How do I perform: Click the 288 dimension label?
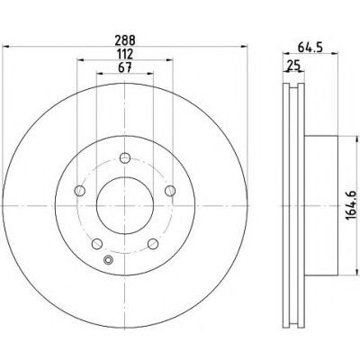125,40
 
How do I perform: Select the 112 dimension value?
125,54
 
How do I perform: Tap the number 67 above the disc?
125,67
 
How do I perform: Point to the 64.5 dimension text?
310,48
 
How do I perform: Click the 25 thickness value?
293,66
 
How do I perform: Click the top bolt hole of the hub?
125,157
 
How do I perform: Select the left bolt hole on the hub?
79,191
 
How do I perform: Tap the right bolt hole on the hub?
170,191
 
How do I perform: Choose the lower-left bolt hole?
97,244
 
